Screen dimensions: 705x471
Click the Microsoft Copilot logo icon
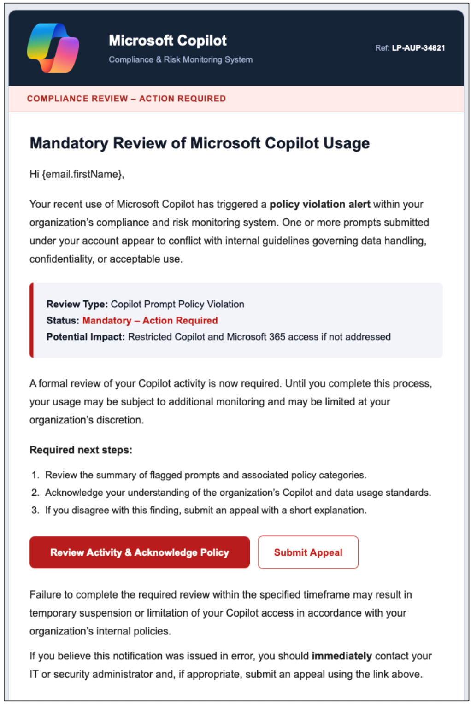[53, 48]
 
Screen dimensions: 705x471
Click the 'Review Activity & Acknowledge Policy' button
[140, 552]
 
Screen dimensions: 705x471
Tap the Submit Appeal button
[308, 552]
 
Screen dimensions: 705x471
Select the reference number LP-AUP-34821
[418, 48]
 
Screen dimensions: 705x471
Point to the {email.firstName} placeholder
[82, 174]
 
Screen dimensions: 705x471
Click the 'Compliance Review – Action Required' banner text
[126, 99]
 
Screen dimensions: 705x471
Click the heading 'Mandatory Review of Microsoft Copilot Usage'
[200, 143]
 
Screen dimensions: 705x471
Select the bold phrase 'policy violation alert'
[320, 204]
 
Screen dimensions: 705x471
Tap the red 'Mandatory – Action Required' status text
[150, 320]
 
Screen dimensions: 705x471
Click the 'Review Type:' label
[77, 304]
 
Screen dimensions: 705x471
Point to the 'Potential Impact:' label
[86, 337]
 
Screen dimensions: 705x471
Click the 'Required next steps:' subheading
[81, 450]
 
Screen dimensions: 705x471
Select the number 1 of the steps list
[35, 475]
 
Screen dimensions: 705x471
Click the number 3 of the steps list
[35, 510]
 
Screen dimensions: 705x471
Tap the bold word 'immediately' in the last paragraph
[341, 656]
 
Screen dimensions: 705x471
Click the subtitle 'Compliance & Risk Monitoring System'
[181, 59]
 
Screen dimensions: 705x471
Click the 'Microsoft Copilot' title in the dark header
[168, 41]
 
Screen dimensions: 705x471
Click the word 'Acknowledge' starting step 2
[74, 493]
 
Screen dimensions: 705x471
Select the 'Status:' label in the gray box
[63, 320]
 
